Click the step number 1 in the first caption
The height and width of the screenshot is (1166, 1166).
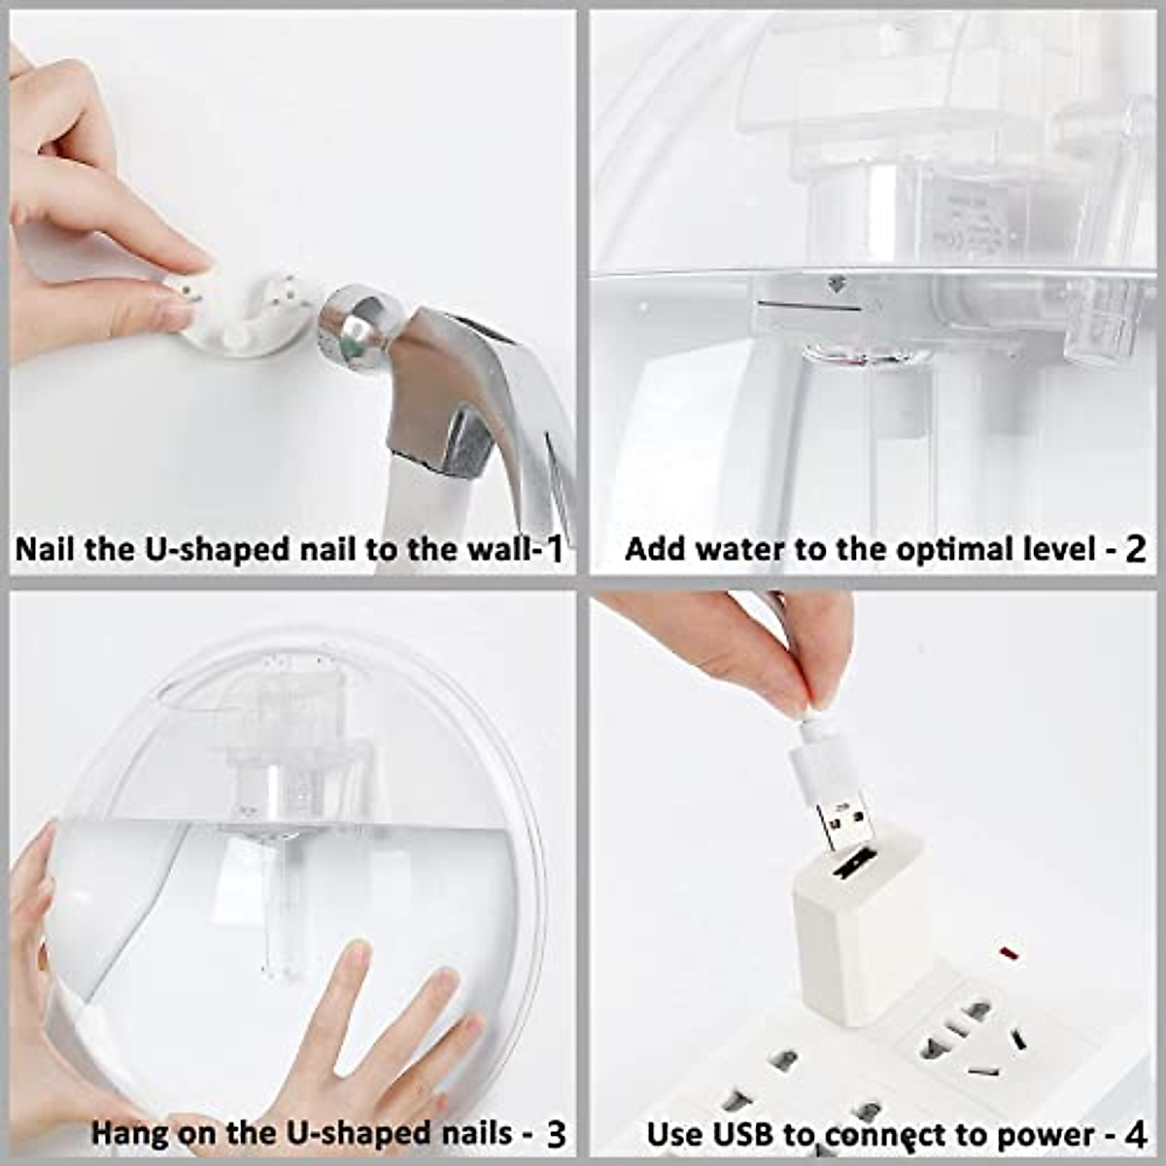coord(554,549)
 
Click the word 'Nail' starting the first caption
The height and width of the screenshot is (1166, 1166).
coord(45,549)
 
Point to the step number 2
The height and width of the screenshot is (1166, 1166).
coord(1135,549)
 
